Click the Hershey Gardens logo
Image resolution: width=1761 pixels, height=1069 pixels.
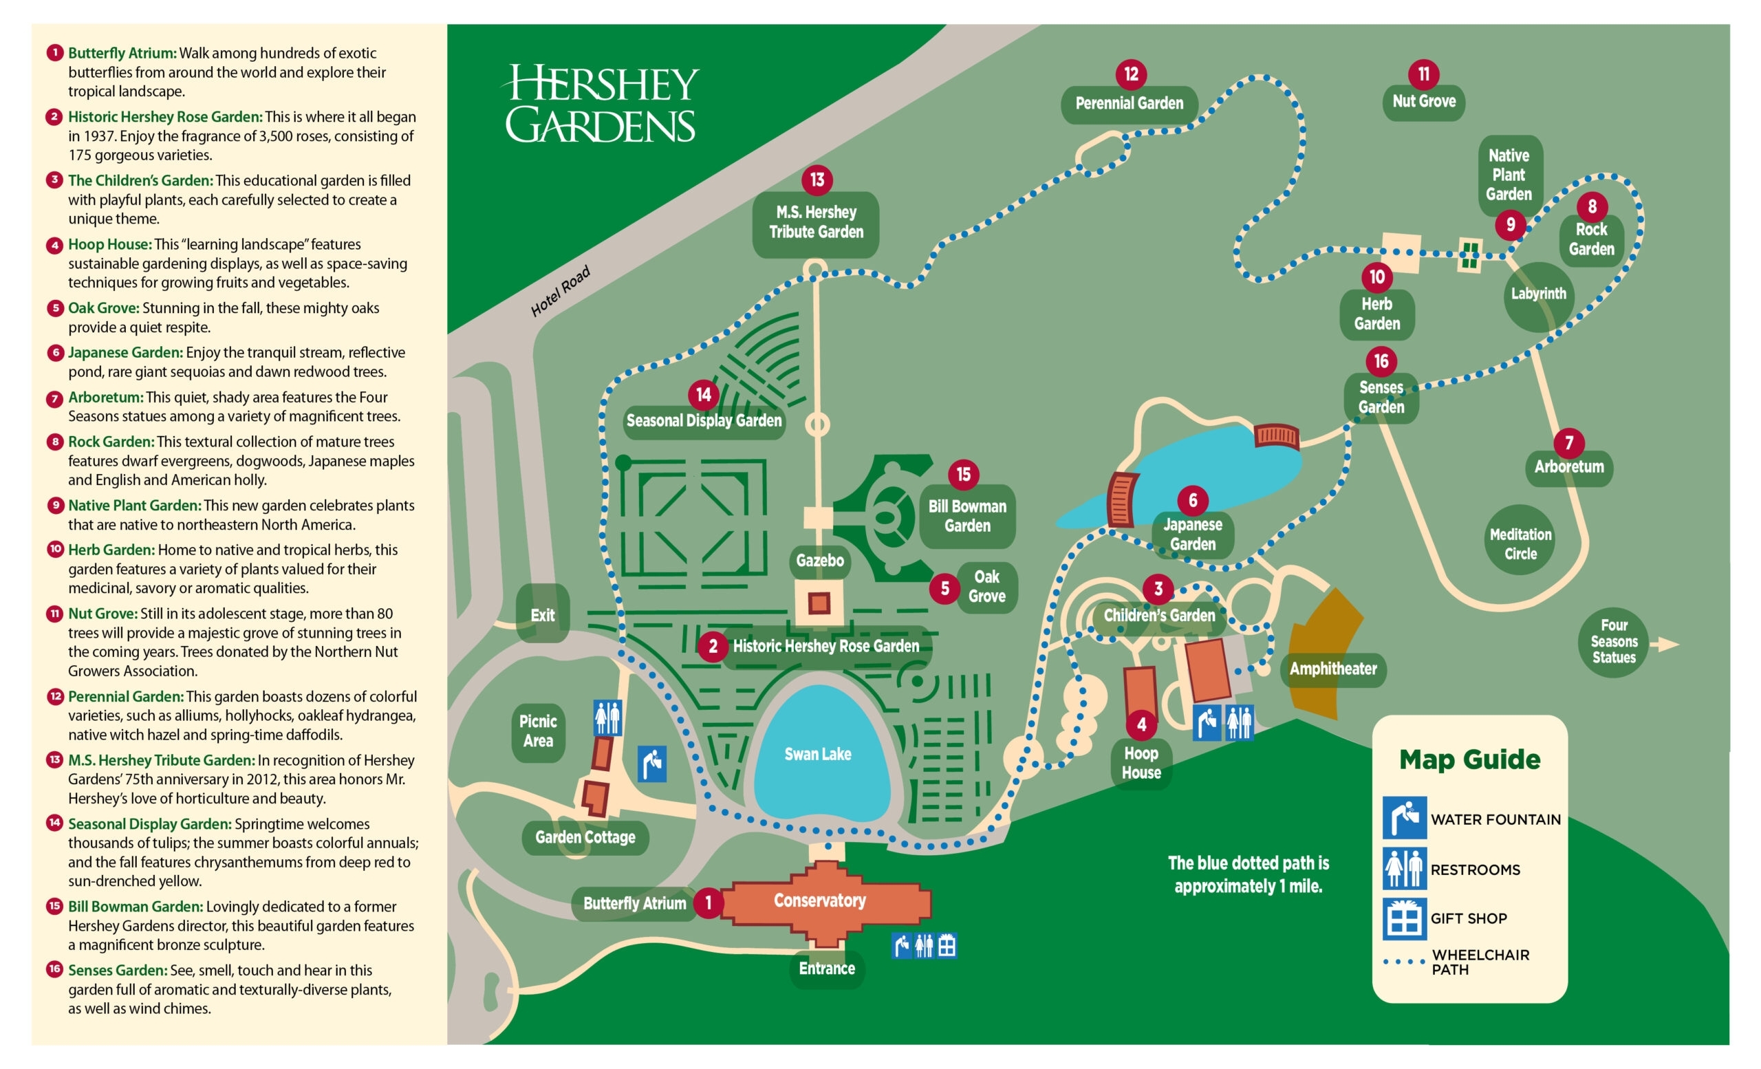[x=601, y=105]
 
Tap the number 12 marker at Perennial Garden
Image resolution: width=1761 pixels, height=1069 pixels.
[x=1131, y=74]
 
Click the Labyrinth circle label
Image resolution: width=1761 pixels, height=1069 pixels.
[x=1538, y=294]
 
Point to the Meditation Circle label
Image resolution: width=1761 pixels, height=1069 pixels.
[x=1520, y=544]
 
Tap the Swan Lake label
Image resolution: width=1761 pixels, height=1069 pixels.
[x=818, y=755]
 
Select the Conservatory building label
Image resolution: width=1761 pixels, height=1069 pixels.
[x=820, y=900]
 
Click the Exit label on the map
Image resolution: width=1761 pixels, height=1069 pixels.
[x=543, y=615]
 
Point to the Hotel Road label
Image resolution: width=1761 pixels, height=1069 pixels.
[x=561, y=292]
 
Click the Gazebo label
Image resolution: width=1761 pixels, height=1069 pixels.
[x=820, y=561]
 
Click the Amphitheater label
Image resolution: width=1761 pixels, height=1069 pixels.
[x=1333, y=669]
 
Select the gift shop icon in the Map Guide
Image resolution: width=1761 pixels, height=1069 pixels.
[x=1404, y=919]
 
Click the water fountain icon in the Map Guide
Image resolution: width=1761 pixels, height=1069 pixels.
[x=1404, y=817]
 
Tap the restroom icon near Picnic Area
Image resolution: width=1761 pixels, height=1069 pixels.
[x=607, y=718]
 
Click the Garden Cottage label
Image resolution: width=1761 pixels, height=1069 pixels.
[x=585, y=837]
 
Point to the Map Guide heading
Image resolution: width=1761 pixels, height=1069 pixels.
[x=1469, y=759]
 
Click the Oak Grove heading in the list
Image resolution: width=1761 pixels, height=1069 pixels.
[x=104, y=308]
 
